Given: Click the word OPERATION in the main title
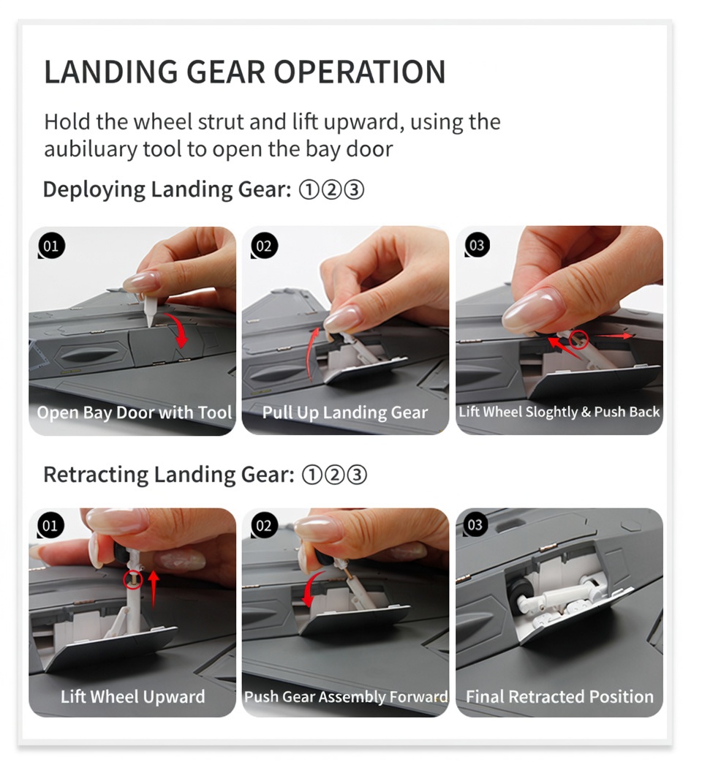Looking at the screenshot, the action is point(359,72).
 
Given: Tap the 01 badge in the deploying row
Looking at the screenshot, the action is point(51,246).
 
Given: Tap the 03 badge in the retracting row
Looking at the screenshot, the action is point(475,524).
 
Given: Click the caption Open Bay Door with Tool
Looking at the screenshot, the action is point(135,412).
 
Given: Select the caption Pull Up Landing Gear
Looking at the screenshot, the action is point(345,412).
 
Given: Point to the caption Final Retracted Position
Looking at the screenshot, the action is point(559,696).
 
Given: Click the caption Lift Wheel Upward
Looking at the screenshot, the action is point(132,696).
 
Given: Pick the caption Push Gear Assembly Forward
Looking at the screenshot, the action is point(345,696).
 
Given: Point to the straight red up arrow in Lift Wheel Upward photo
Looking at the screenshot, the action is point(154,589).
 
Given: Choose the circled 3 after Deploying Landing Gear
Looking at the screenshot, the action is point(355,190).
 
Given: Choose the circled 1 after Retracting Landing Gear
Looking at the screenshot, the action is point(312,475).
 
